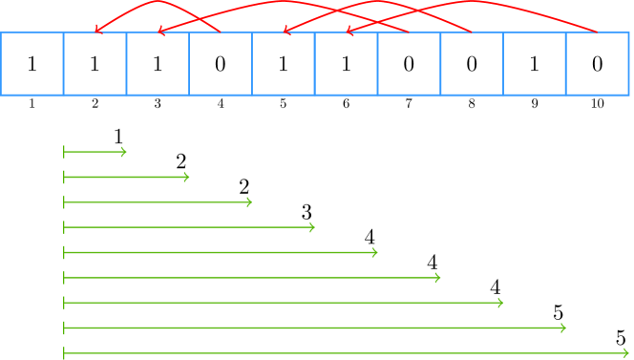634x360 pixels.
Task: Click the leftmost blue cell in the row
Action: coord(32,64)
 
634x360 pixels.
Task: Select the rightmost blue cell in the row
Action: coord(597,64)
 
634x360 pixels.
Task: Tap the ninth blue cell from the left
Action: coord(535,64)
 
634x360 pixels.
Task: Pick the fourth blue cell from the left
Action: coord(221,64)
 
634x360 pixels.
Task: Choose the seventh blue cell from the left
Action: coord(409,64)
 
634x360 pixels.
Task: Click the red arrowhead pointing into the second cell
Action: coord(97,32)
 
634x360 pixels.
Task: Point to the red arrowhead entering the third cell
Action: coord(160,32)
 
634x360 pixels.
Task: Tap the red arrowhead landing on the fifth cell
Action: coord(286,32)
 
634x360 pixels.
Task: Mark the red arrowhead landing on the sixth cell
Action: coord(349,32)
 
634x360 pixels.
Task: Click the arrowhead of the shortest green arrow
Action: coord(123,151)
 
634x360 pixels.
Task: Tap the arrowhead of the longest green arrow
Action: coord(626,352)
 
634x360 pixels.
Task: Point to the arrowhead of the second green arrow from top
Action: coord(186,177)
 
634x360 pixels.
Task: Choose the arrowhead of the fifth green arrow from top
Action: coord(375,252)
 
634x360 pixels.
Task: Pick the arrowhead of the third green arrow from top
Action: coord(249,201)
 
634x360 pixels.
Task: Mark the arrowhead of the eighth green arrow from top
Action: coord(563,328)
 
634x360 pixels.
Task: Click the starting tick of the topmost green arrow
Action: coord(64,151)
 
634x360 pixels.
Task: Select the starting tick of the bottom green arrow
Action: coord(64,352)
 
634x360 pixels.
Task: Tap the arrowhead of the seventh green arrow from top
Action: coord(500,303)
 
